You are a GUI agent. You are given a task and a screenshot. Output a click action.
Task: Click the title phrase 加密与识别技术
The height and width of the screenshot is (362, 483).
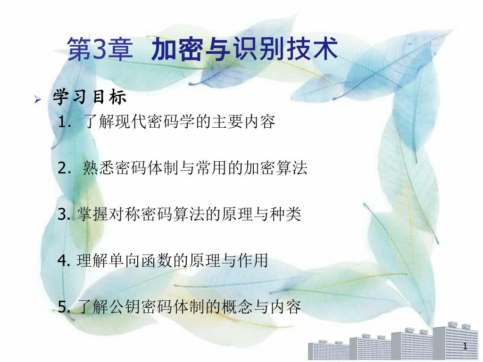244,49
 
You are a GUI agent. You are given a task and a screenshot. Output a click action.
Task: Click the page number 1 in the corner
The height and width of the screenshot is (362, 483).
465,346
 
